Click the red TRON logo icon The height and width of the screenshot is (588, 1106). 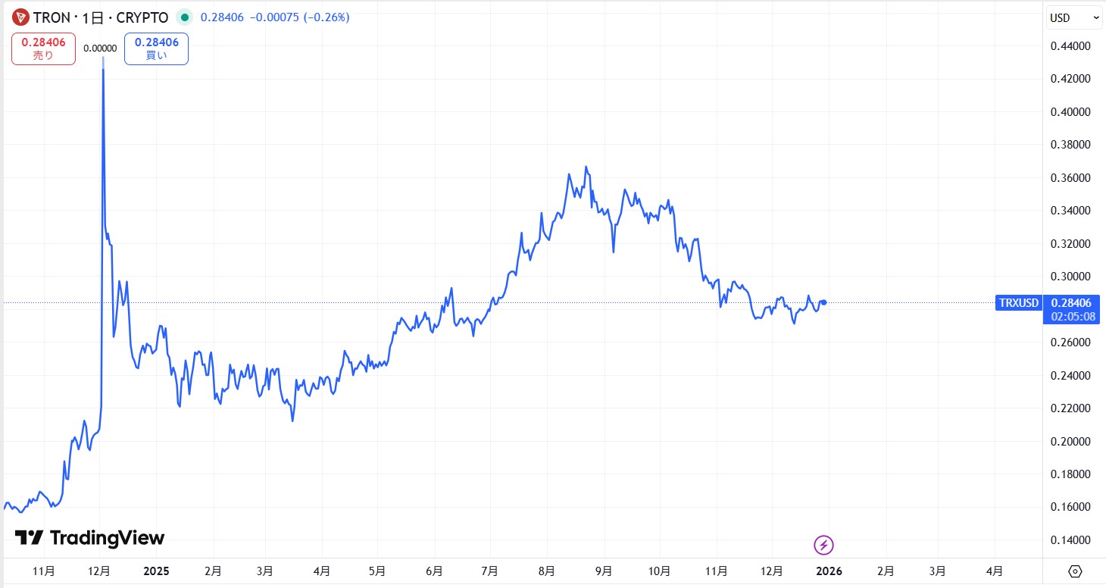[x=20, y=17]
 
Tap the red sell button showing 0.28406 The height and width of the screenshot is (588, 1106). [x=43, y=48]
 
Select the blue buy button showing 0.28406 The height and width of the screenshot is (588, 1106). [x=156, y=48]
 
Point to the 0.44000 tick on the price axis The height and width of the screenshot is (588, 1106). [x=1070, y=46]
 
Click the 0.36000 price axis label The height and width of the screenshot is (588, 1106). [x=1070, y=178]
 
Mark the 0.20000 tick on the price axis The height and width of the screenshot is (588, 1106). [x=1070, y=442]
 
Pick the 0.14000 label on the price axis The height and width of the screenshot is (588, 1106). [x=1070, y=540]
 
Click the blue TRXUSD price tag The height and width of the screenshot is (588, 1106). [x=1018, y=303]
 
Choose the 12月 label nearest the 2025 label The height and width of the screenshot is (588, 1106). [x=99, y=571]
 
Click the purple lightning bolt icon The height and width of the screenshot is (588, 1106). [x=823, y=544]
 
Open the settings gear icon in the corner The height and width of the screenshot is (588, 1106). [x=1074, y=571]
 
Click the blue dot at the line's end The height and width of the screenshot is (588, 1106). [x=823, y=302]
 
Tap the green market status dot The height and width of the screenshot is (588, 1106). [x=185, y=17]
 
